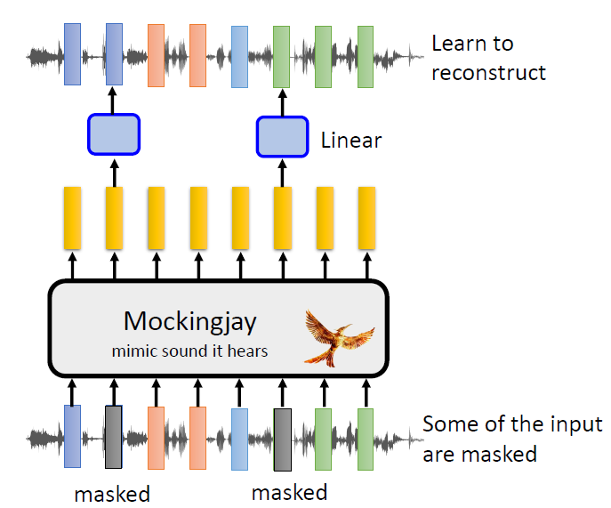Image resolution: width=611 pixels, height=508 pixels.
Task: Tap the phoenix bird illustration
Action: [x=334, y=336]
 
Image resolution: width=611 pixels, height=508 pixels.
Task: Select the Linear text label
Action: [x=350, y=140]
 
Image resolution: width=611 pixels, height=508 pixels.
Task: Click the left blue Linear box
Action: [x=114, y=133]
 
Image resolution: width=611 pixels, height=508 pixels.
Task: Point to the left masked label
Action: [x=112, y=493]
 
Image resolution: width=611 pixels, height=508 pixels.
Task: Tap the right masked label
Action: [x=289, y=492]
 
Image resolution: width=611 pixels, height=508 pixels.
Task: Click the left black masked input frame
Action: [x=114, y=437]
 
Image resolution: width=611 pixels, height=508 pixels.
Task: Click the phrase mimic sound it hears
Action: [x=189, y=351]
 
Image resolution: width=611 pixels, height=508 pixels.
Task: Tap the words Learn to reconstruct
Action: [x=487, y=57]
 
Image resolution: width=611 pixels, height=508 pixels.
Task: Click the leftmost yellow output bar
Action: [x=72, y=217]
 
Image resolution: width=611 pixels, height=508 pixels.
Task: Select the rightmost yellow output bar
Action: [x=366, y=217]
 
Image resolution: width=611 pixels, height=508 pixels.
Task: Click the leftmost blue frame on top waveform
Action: [x=72, y=54]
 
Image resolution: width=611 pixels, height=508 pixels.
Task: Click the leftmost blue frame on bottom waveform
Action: [x=72, y=437]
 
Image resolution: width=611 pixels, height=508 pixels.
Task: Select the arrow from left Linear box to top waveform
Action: [x=114, y=101]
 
